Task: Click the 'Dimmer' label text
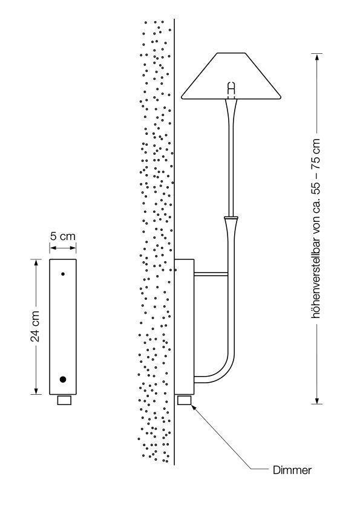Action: click(292, 470)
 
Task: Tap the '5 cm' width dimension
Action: click(63, 236)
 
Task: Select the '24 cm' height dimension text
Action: click(35, 326)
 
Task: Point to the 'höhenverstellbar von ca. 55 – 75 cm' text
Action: click(315, 229)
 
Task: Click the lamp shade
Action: click(231, 76)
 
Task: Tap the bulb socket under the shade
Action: click(231, 90)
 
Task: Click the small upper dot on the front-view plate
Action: click(63, 274)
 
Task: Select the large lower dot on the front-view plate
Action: click(63, 379)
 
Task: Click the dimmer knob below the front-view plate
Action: click(64, 400)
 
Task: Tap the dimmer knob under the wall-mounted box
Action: click(185, 400)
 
